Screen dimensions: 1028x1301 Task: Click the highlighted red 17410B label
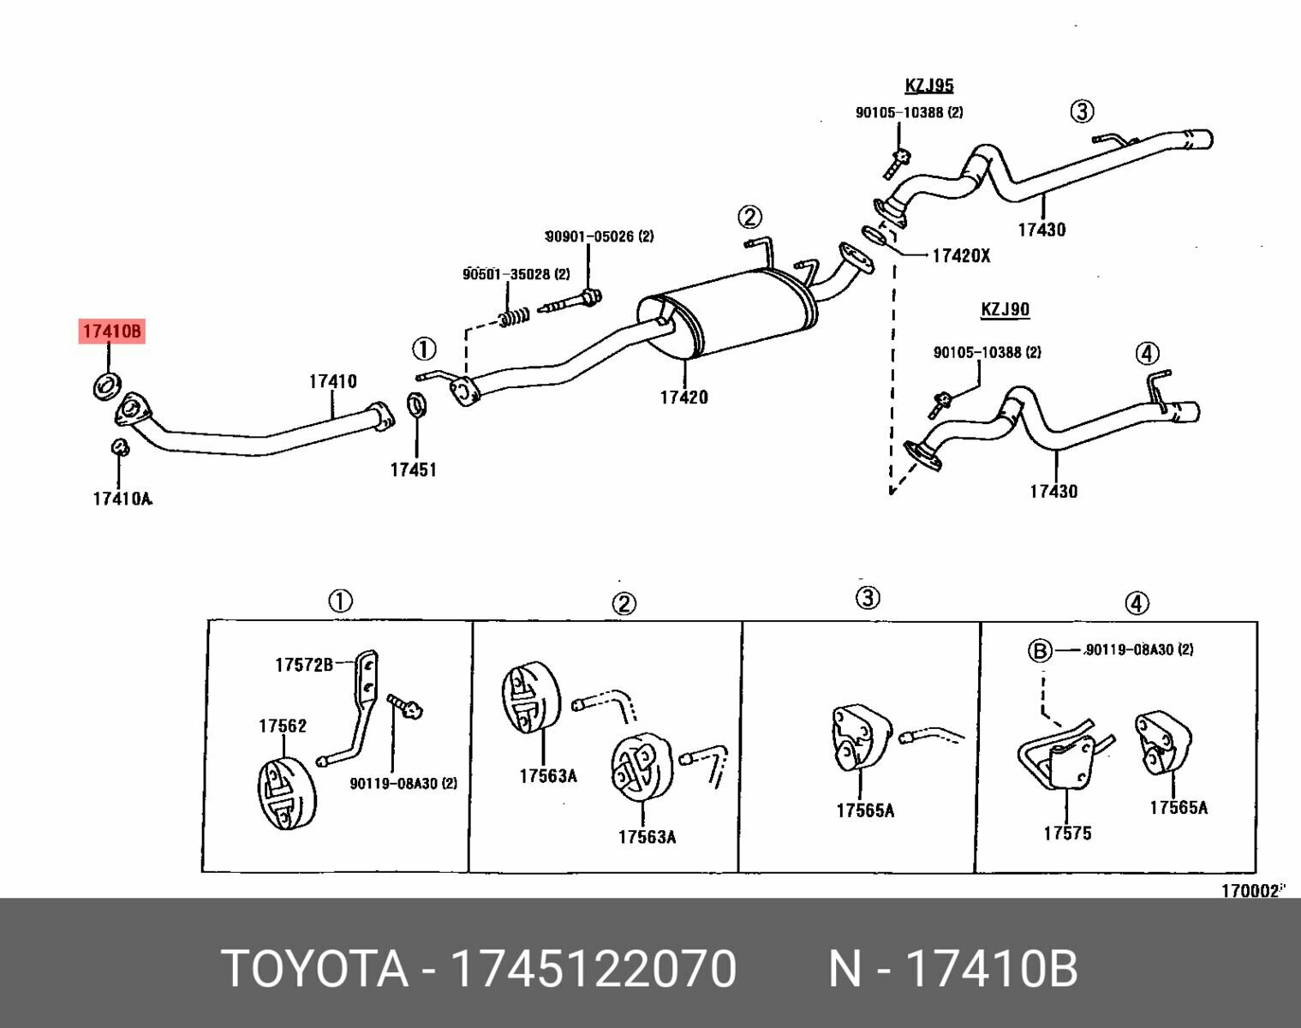pos(112,331)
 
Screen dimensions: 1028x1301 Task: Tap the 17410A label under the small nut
pos(122,498)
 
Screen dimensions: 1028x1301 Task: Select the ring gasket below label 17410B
pos(105,385)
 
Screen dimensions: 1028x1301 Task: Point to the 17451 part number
pos(413,469)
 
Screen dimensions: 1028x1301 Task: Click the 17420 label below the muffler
pos(683,397)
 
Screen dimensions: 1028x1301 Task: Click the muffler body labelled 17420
pos(728,313)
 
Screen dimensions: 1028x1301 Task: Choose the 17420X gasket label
pos(960,255)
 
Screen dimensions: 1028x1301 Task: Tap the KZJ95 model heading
pos(928,86)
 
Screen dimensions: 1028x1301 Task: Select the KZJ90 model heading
pos(1005,309)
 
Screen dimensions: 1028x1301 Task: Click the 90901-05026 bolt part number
pos(599,236)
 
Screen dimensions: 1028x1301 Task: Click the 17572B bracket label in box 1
pos(303,664)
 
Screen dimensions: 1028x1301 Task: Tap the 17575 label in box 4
pos(1067,833)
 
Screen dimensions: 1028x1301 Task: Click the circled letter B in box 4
pos(1039,651)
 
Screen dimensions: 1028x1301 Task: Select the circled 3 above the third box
pos(868,597)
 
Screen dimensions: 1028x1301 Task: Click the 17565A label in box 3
pos(865,810)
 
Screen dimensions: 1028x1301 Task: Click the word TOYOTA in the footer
pos(314,969)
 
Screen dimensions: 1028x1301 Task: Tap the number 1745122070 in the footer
pos(593,969)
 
